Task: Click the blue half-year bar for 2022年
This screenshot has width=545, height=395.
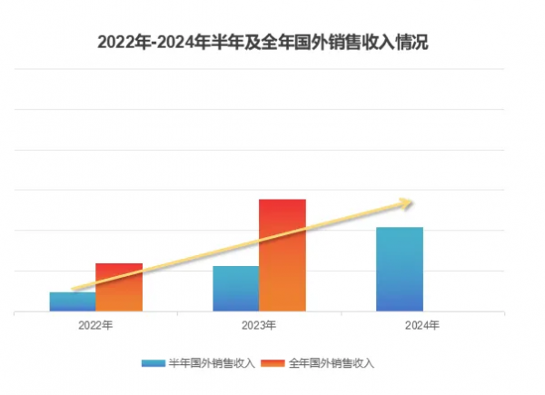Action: pyautogui.click(x=73, y=301)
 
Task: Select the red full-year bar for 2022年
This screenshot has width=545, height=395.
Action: pyautogui.click(x=119, y=287)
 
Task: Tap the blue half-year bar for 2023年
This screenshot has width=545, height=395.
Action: pyautogui.click(x=235, y=289)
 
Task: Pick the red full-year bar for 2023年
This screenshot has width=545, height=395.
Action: pyautogui.click(x=282, y=255)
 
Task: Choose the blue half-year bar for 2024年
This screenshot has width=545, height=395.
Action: pyautogui.click(x=399, y=269)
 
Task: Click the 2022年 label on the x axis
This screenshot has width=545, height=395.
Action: pyautogui.click(x=95, y=324)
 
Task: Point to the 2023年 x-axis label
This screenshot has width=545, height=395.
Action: pyautogui.click(x=259, y=324)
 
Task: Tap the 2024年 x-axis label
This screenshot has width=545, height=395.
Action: pyautogui.click(x=421, y=324)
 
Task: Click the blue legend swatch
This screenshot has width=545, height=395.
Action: pyautogui.click(x=153, y=363)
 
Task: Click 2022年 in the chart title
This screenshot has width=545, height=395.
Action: pyautogui.click(x=120, y=43)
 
